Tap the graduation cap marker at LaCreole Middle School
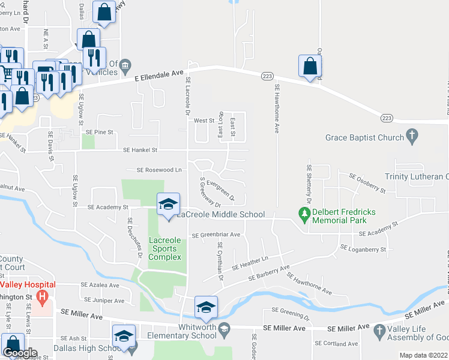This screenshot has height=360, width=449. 168,203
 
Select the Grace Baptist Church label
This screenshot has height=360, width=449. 364,137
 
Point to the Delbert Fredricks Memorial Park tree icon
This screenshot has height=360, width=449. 304,214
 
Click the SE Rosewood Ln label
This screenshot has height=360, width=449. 159,170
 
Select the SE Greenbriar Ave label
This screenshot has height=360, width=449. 216,235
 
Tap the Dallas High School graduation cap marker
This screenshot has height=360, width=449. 124,335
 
